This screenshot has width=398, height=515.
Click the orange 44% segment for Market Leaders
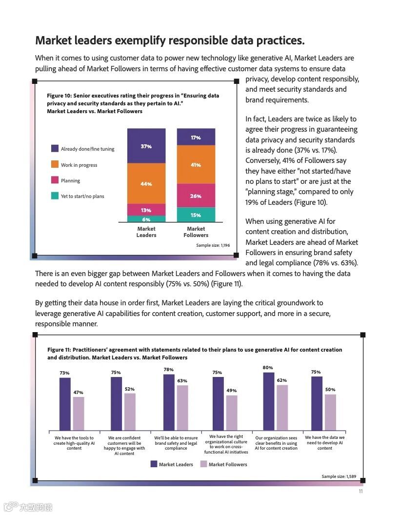(146, 183)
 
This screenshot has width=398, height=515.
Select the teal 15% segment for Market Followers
(196, 215)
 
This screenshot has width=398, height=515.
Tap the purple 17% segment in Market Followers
(196, 137)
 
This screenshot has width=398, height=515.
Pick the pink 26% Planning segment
(196, 196)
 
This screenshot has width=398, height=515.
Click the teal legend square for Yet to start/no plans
(55, 196)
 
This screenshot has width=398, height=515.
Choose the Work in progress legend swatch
(55, 165)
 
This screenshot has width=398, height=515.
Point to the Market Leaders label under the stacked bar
(146, 232)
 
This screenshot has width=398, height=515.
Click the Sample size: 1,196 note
(213, 245)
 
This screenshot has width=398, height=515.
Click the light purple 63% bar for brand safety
(182, 408)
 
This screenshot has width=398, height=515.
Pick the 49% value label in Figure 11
(231, 390)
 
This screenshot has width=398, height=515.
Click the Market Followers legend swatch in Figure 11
(204, 464)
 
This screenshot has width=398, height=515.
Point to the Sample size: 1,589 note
(339, 476)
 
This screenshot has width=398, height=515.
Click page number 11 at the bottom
(360, 491)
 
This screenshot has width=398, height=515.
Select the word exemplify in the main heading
(152, 40)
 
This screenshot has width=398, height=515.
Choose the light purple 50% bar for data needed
(330, 412)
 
